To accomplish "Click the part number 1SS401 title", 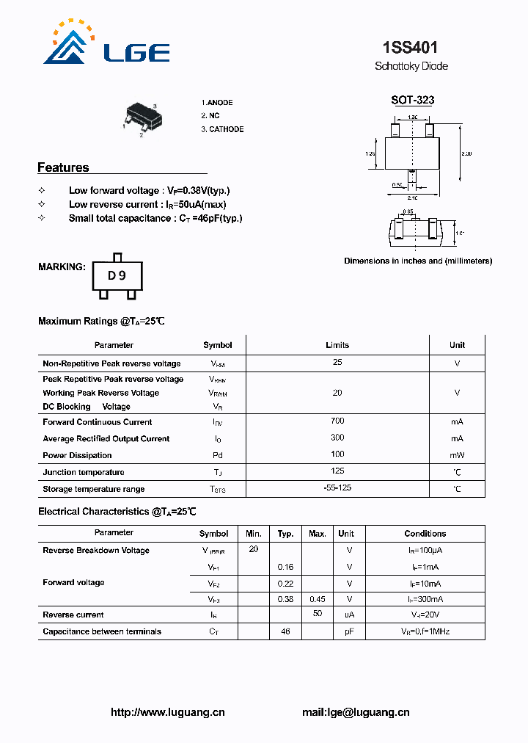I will pyautogui.click(x=411, y=48).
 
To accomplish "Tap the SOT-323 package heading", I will pyautogui.click(x=412, y=101).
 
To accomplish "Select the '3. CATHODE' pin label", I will pyautogui.click(x=222, y=129).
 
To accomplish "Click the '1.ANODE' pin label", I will pyautogui.click(x=217, y=103).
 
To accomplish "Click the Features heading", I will pyautogui.click(x=63, y=167).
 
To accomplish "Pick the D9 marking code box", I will pyautogui.click(x=117, y=275).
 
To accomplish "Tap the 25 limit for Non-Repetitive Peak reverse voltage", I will pyautogui.click(x=337, y=363).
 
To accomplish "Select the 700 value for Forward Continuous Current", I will pyautogui.click(x=337, y=421).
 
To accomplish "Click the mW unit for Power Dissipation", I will pyautogui.click(x=457, y=455).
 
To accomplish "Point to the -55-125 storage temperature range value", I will pyautogui.click(x=337, y=488).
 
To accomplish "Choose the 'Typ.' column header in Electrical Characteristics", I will pyautogui.click(x=286, y=534).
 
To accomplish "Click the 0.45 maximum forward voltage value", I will pyautogui.click(x=318, y=599).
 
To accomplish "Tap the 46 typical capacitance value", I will pyautogui.click(x=286, y=631).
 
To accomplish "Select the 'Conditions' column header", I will pyautogui.click(x=425, y=534).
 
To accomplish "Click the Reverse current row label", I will pyautogui.click(x=73, y=615).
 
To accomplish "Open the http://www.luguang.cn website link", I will pyautogui.click(x=167, y=712).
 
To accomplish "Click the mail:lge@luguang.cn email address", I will pyautogui.click(x=356, y=712).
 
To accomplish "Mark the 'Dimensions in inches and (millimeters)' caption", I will pyautogui.click(x=418, y=261).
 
